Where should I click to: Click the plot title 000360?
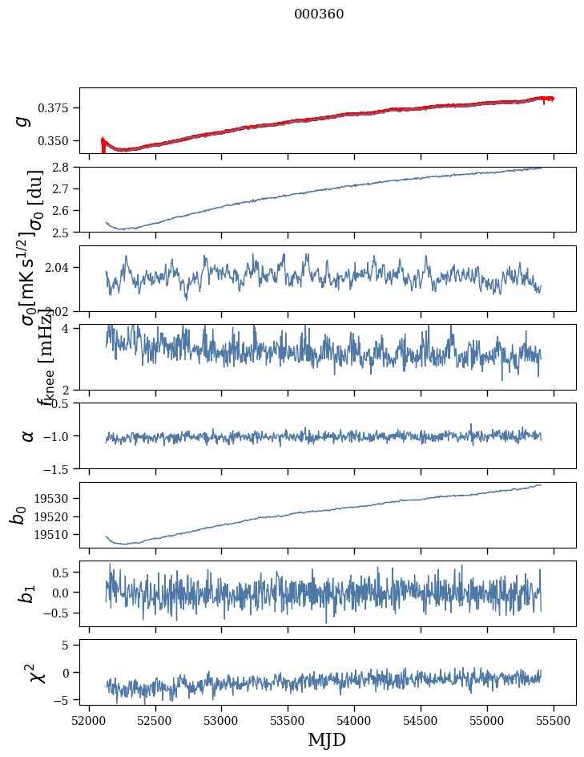tap(319, 14)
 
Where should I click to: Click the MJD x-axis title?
tap(327, 739)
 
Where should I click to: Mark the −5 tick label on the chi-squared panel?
tap(64, 700)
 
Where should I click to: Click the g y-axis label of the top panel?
tap(24, 120)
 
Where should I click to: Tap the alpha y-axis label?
tap(27, 435)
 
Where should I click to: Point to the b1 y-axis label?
tap(27, 593)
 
